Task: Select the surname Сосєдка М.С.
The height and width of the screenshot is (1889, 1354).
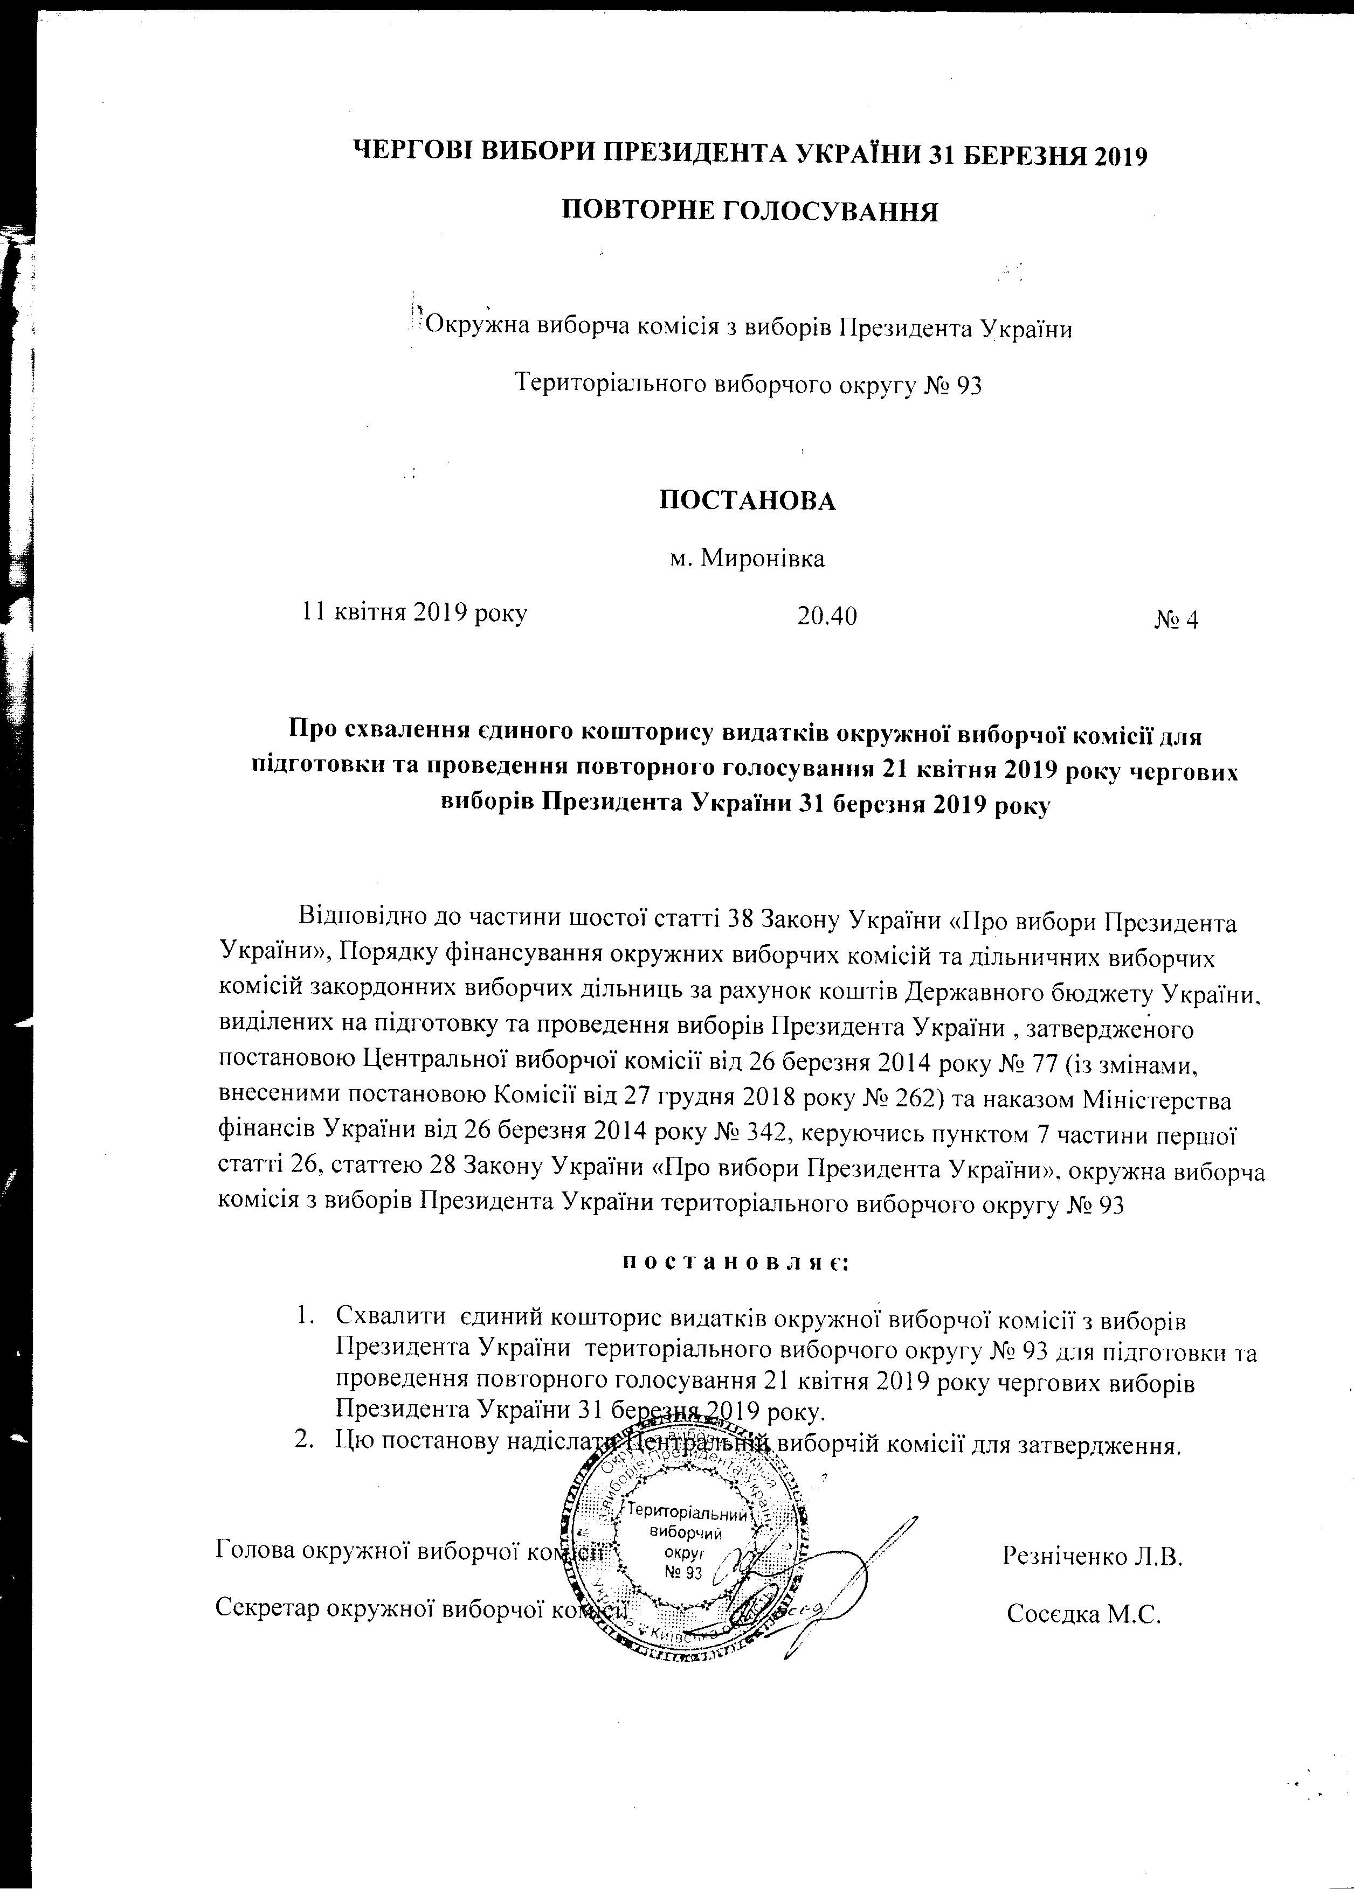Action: click(1083, 1613)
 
